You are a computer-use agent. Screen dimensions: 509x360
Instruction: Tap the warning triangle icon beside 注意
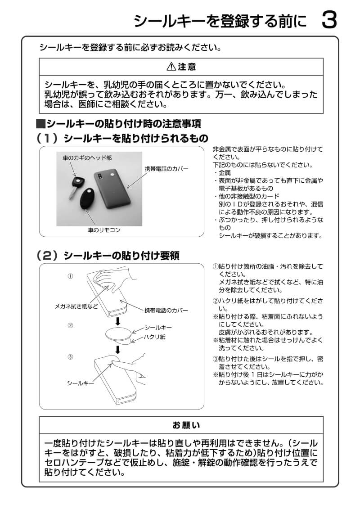(x=171, y=67)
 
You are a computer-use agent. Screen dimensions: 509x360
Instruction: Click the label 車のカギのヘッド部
(x=87, y=158)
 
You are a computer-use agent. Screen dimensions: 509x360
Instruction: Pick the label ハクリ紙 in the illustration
(x=155, y=336)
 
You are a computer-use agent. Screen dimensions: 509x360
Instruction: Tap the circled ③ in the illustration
(x=70, y=357)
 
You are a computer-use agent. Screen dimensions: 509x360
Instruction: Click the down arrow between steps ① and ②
(x=118, y=321)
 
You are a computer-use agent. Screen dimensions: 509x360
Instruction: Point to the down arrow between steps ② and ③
(x=118, y=350)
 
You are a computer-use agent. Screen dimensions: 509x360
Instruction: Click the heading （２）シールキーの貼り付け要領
(x=108, y=256)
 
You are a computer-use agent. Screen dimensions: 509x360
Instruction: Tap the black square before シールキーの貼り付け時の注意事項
(x=40, y=123)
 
